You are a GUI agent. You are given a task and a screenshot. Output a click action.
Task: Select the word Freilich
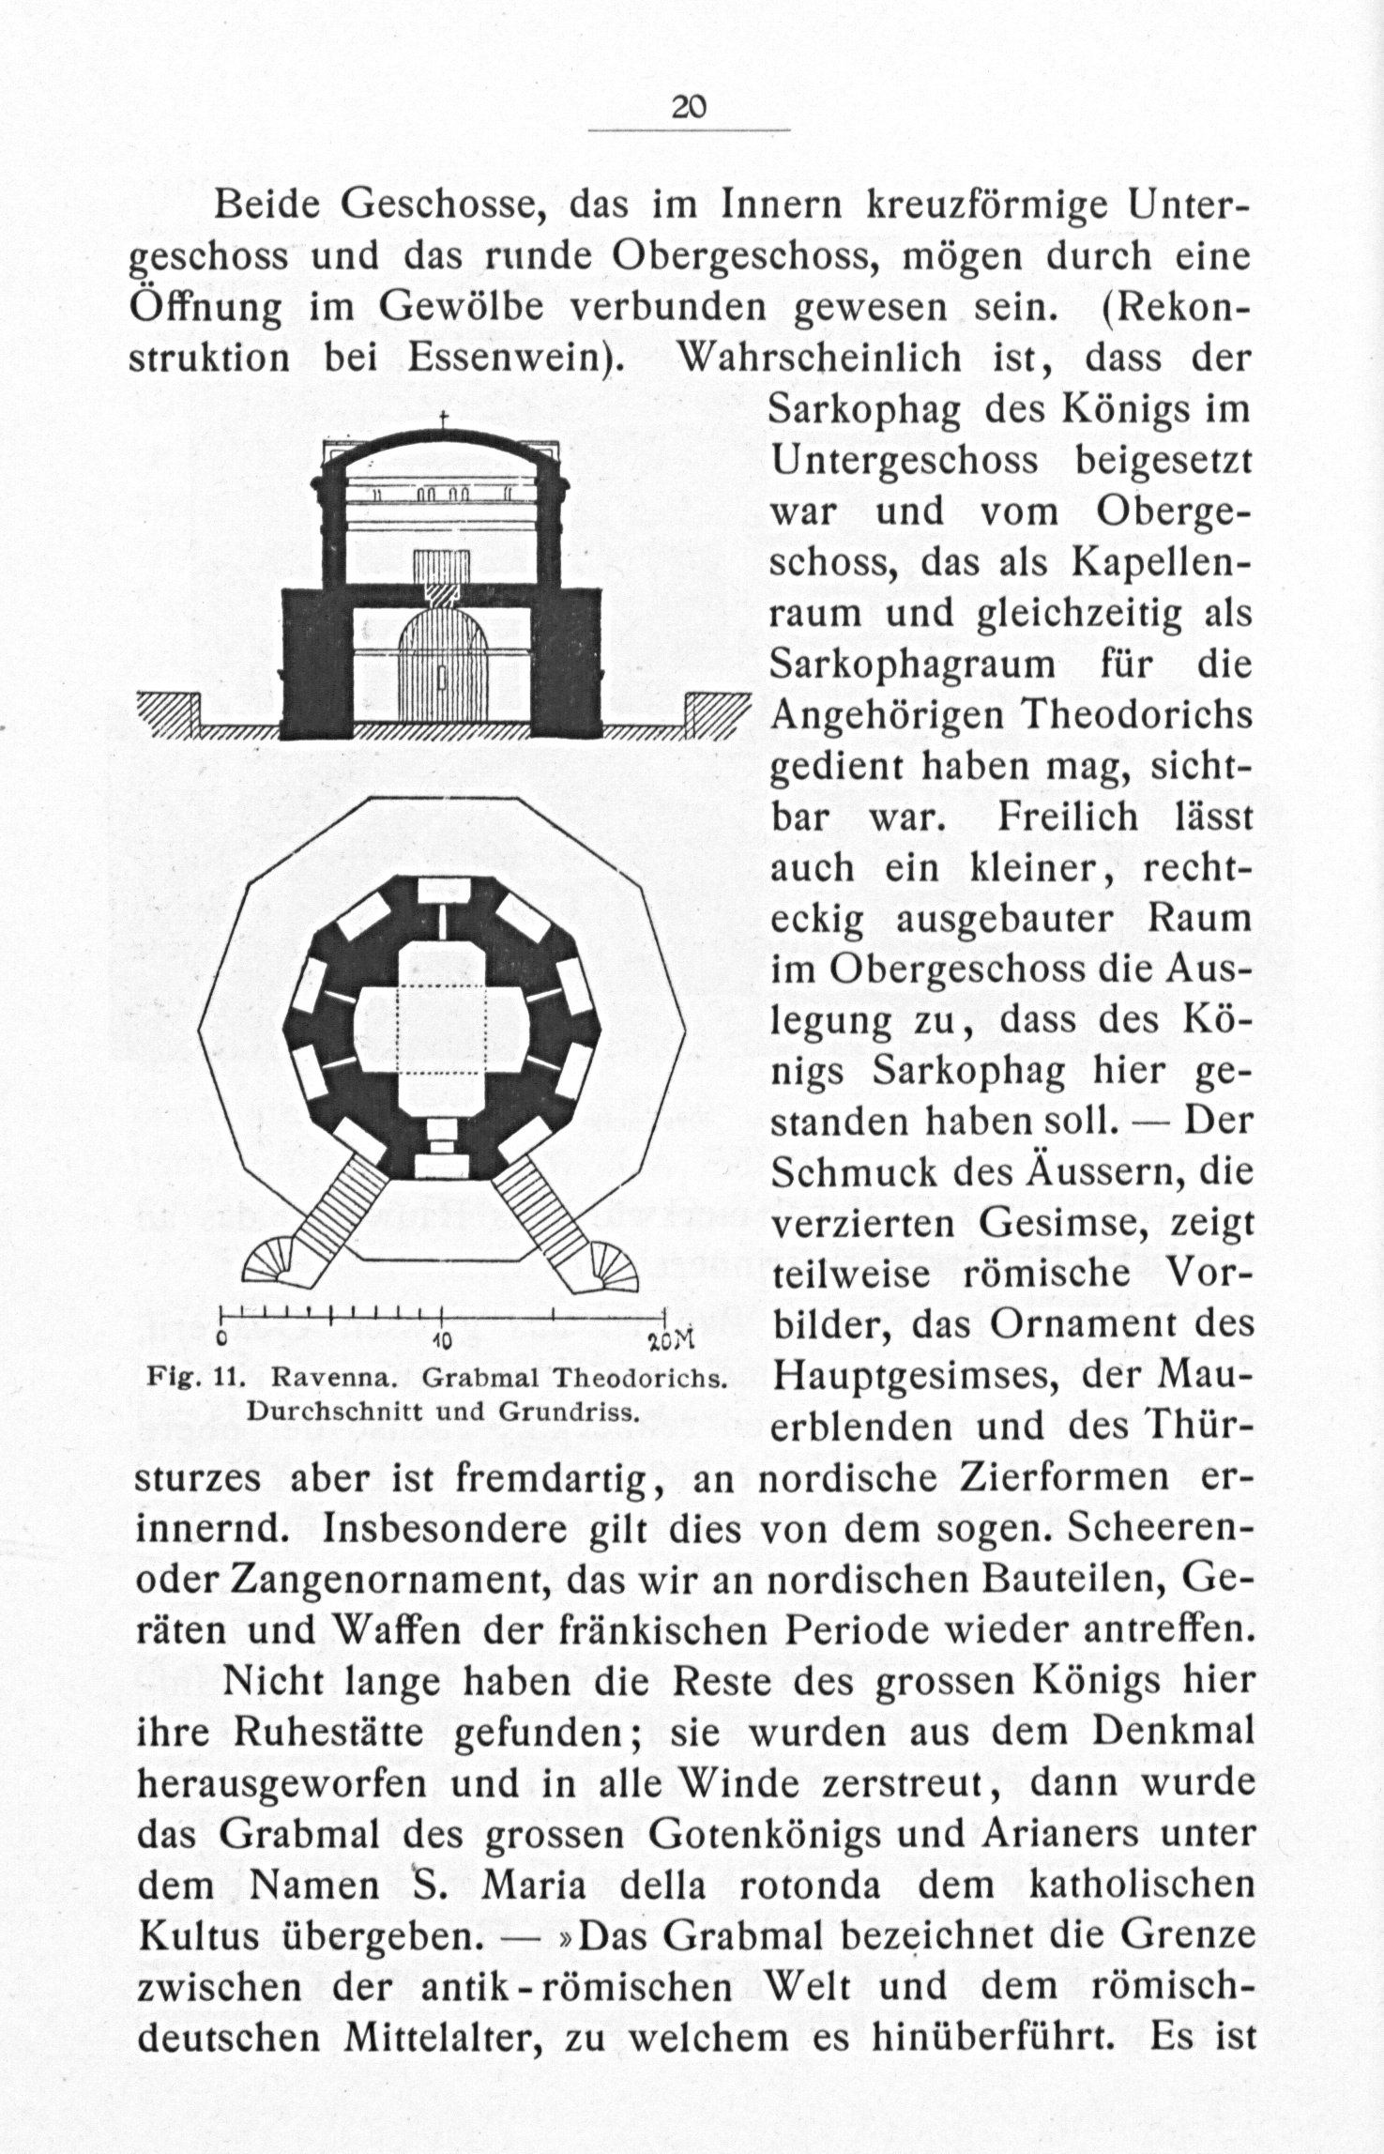pos(1067,817)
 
